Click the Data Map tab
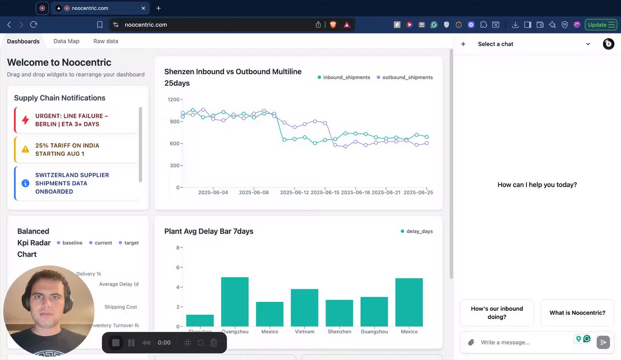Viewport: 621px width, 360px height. (66, 41)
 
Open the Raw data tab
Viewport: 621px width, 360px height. (106, 41)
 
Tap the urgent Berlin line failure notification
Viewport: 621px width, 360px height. (77, 120)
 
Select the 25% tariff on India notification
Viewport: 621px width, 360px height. (77, 149)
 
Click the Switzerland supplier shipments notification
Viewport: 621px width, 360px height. (77, 183)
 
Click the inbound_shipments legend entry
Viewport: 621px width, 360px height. (344, 78)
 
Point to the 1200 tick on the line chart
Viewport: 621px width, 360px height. (173, 99)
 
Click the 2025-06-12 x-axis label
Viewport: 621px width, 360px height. (294, 193)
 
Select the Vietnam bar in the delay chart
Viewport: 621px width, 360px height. (304, 308)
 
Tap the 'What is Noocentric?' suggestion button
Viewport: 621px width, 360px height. (577, 313)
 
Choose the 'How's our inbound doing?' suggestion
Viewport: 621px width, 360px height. (497, 313)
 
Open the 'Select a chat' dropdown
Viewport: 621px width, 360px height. (534, 44)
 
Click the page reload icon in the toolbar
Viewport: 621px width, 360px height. (33, 25)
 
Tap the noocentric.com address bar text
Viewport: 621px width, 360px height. (146, 25)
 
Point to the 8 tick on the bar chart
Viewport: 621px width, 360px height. (178, 248)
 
